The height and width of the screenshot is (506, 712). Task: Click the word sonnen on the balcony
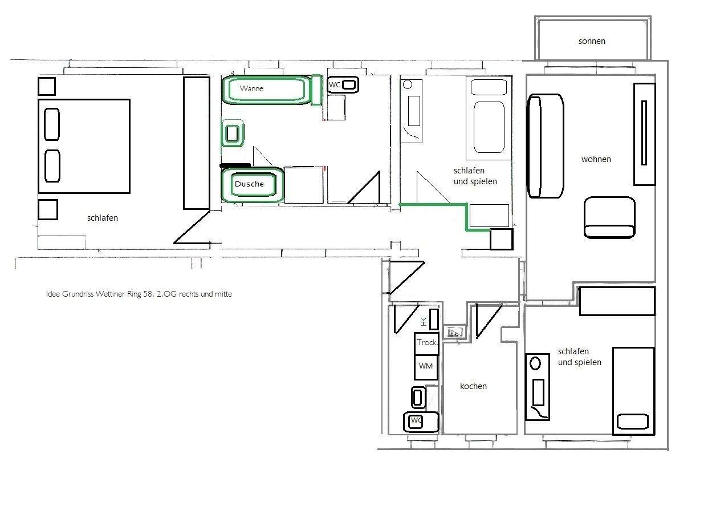pyautogui.click(x=592, y=41)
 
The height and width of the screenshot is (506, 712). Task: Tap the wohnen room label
pyautogui.click(x=596, y=159)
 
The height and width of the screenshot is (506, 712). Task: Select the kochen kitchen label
pyautogui.click(x=473, y=386)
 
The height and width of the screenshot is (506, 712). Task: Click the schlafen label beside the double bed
pyautogui.click(x=103, y=218)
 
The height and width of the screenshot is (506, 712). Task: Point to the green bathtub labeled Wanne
pyautogui.click(x=267, y=90)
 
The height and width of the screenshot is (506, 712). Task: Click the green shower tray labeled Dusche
pyautogui.click(x=253, y=185)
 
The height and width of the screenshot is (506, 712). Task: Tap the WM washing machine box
pyautogui.click(x=426, y=367)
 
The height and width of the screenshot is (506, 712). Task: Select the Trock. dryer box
pyautogui.click(x=426, y=343)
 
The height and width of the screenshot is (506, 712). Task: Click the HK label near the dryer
pyautogui.click(x=424, y=322)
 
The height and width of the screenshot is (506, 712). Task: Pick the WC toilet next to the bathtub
pyautogui.click(x=343, y=84)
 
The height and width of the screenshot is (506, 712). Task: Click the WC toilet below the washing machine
pyautogui.click(x=421, y=422)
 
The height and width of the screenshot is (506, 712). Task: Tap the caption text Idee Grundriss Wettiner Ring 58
pyautogui.click(x=139, y=294)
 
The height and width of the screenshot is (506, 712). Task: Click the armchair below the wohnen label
pyautogui.click(x=609, y=217)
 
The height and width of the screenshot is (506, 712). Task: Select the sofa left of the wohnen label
pyautogui.click(x=545, y=146)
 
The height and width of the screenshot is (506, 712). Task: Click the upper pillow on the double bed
pyautogui.click(x=52, y=124)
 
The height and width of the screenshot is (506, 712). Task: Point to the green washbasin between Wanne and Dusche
pyautogui.click(x=233, y=133)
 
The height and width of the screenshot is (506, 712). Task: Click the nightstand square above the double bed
pyautogui.click(x=47, y=86)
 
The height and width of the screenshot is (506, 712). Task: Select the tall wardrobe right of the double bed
pyautogui.click(x=197, y=143)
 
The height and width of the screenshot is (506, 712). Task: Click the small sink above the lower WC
pyautogui.click(x=418, y=397)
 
